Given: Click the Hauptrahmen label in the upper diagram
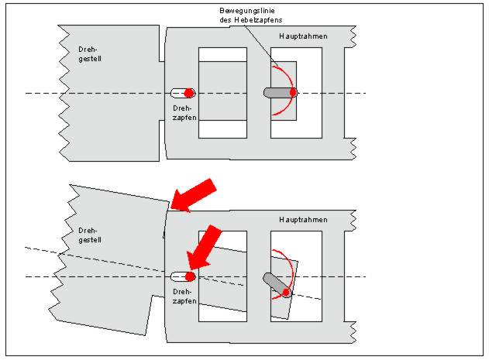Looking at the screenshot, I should (304, 37).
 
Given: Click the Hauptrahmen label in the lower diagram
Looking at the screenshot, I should (304, 220).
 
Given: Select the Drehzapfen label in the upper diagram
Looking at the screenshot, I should (184, 112).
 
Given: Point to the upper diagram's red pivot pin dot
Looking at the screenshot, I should (189, 93).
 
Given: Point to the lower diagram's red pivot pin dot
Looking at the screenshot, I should (189, 276).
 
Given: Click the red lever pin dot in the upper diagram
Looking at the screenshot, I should (293, 93).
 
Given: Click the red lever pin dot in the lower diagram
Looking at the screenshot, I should (287, 292).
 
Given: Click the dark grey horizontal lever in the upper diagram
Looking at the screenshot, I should (276, 93).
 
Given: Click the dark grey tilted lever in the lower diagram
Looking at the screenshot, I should (274, 282).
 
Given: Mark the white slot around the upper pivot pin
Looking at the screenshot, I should (177, 93).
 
